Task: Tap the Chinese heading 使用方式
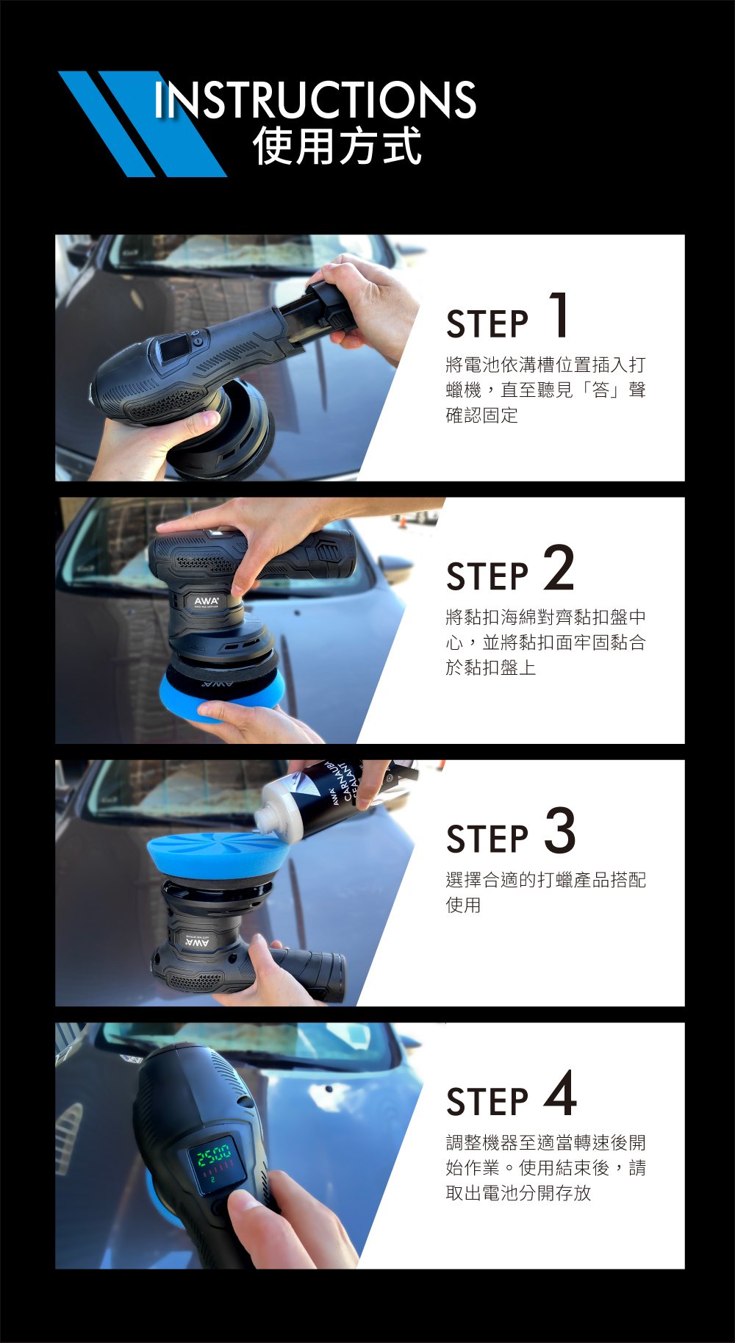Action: pyautogui.click(x=337, y=146)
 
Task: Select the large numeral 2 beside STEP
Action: pyautogui.click(x=559, y=567)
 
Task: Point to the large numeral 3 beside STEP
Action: pyautogui.click(x=560, y=830)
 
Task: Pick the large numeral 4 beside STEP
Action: pyautogui.click(x=560, y=1092)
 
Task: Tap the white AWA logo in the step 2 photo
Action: pyautogui.click(x=207, y=601)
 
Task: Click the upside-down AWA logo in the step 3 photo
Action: pyautogui.click(x=196, y=942)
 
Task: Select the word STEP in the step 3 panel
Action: pyautogui.click(x=487, y=839)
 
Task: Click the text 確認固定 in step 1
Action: pyautogui.click(x=482, y=415)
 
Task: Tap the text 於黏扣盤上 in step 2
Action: pyautogui.click(x=491, y=667)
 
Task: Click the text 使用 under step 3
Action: pyautogui.click(x=464, y=905)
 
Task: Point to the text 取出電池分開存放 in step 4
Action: pyautogui.click(x=519, y=1193)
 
